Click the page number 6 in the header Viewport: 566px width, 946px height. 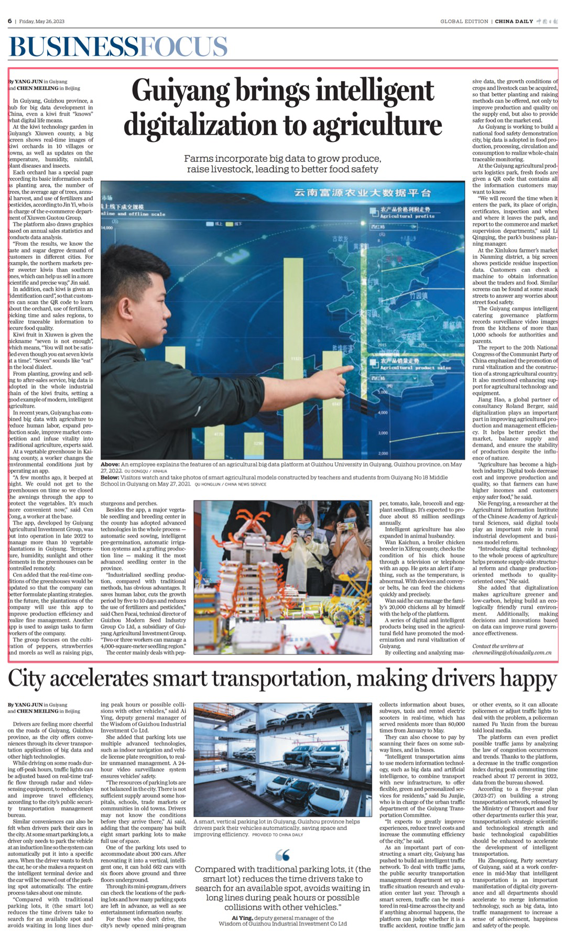tap(10, 21)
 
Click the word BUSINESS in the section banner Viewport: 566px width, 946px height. tap(73, 47)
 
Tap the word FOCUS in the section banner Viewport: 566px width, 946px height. tap(183, 47)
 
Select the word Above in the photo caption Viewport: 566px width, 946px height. tap(110, 464)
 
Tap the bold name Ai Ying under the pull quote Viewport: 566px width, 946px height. tap(243, 933)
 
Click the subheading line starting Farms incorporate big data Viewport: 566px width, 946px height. tap(282, 158)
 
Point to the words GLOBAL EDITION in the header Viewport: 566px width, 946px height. tap(464, 21)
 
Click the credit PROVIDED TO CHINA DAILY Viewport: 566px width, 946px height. tap(278, 834)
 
